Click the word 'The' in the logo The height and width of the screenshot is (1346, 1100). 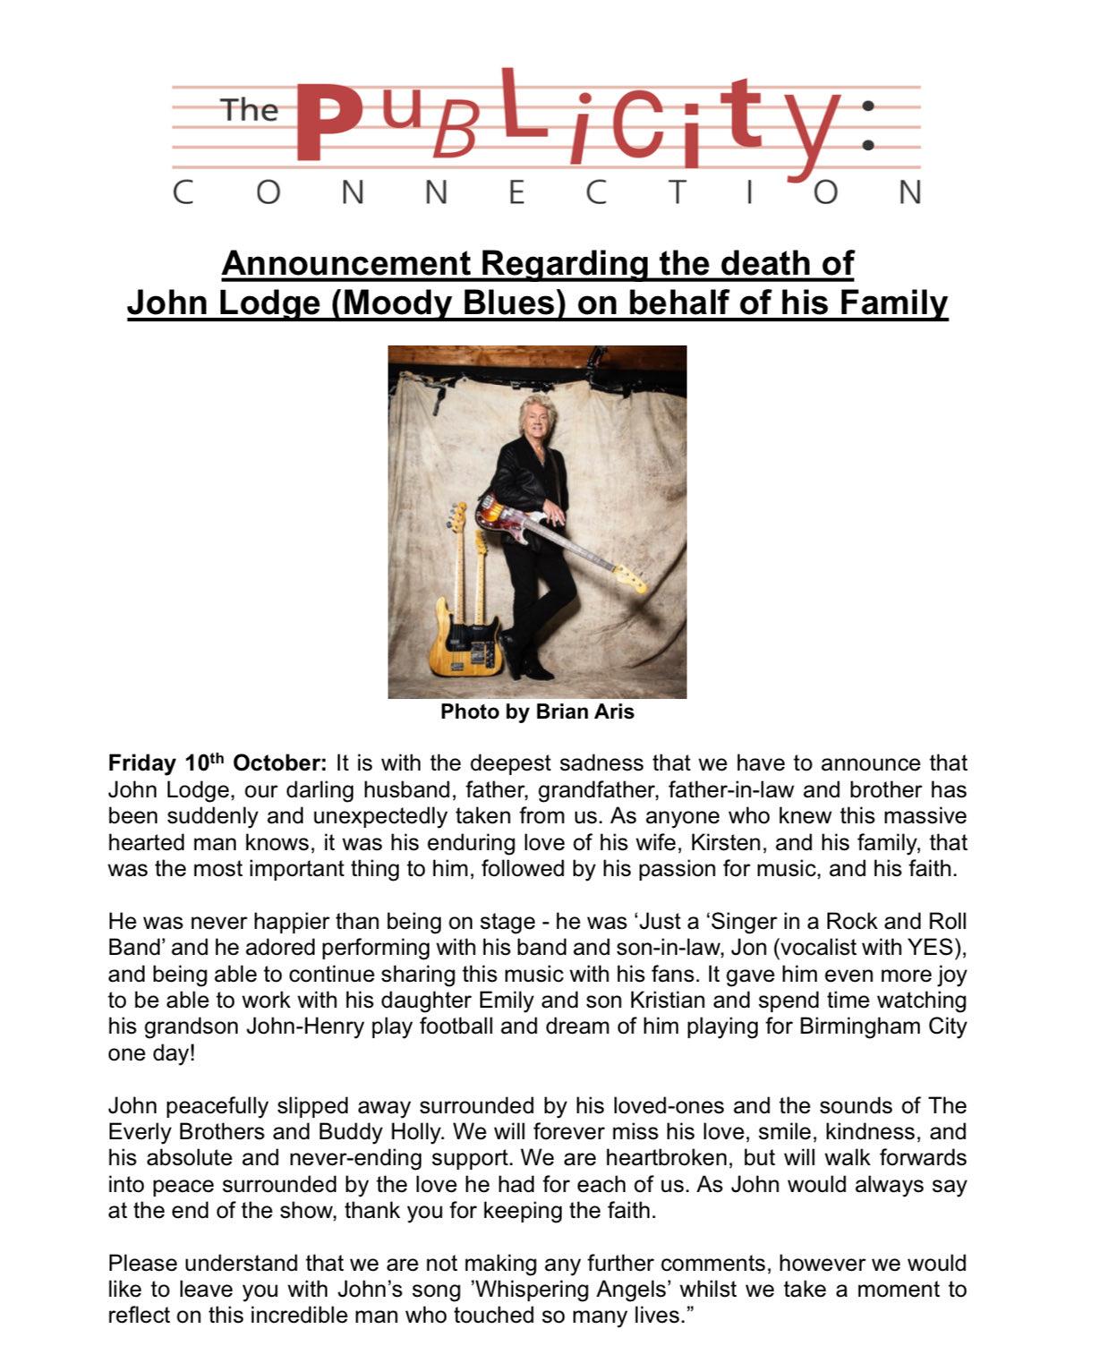(x=250, y=110)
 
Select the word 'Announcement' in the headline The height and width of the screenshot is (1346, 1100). (x=345, y=264)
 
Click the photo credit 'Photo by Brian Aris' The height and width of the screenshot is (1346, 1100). (x=537, y=712)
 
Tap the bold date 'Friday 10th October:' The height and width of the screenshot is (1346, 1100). (x=217, y=763)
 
